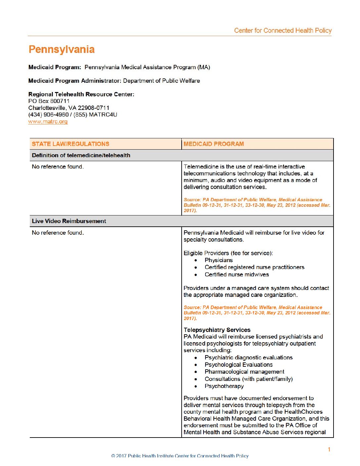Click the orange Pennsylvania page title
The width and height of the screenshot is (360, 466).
pyautogui.click(x=62, y=50)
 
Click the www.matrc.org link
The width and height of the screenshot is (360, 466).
pyautogui.click(x=48, y=121)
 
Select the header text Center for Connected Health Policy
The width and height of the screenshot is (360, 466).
pyautogui.click(x=283, y=30)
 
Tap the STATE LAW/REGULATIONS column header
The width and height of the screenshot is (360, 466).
pyautogui.click(x=70, y=144)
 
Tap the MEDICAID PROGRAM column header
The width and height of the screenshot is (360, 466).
pyautogui.click(x=214, y=144)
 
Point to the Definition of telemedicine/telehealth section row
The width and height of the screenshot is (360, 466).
pyautogui.click(x=81, y=155)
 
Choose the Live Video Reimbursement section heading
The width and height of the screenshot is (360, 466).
pyautogui.click(x=69, y=221)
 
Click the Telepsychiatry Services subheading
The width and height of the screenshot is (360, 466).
pyautogui.click(x=217, y=330)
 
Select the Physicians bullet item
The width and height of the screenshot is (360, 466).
pyautogui.click(x=218, y=260)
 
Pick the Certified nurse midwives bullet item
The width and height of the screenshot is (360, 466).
pyautogui.click(x=237, y=274)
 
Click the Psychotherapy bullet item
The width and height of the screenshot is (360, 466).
pyautogui.click(x=224, y=386)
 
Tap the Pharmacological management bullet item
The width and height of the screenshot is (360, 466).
pyautogui.click(x=244, y=372)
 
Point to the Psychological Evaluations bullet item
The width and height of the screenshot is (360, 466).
pyautogui.click(x=239, y=364)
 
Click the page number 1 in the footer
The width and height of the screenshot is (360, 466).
pyautogui.click(x=329, y=449)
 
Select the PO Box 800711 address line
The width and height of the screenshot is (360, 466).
pyautogui.click(x=49, y=101)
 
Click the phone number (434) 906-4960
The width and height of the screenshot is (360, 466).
pyautogui.click(x=48, y=115)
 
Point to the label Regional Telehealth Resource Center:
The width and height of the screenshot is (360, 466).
pyautogui.click(x=81, y=94)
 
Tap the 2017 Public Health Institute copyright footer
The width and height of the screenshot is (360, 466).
pyautogui.click(x=180, y=456)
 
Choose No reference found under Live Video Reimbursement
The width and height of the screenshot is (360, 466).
pyautogui.click(x=58, y=233)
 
